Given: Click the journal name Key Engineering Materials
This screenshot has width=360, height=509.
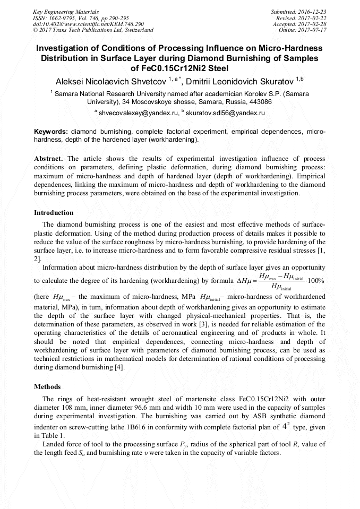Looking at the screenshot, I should coord(66,11).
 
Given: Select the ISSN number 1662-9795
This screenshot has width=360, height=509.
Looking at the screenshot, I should coord(65,18).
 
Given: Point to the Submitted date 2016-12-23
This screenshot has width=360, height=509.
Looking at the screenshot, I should coord(314,11).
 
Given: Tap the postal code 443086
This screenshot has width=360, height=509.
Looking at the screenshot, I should coord(245,101).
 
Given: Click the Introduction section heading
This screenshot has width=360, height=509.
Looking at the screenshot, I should coord(54,212).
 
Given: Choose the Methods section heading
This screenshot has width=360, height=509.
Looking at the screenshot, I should coord(47,386).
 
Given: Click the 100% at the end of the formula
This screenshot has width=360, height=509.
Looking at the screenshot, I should coord(320,281).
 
